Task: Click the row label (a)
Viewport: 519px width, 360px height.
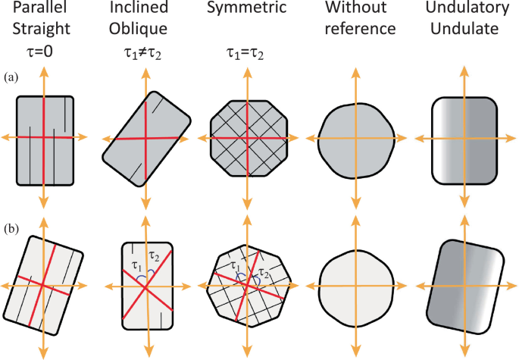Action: point(12,77)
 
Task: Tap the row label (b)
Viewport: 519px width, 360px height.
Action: point(12,225)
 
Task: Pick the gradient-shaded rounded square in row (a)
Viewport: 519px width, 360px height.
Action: point(463,139)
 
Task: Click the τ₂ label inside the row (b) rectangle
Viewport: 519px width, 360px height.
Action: point(155,254)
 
